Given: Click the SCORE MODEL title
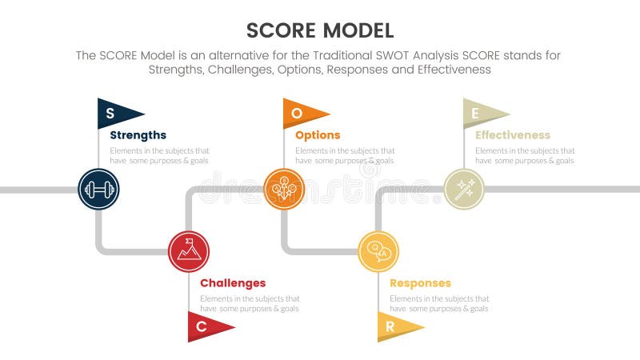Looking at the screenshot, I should (x=320, y=30).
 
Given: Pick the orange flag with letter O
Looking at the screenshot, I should (x=302, y=113).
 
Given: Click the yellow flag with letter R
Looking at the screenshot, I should (x=395, y=326).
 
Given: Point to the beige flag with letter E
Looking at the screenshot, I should (x=482, y=113).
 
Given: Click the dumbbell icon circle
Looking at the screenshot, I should (x=98, y=190).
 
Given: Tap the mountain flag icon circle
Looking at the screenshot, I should (x=189, y=251).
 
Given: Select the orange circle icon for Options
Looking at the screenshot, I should (x=284, y=190).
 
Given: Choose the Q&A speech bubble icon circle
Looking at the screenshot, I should (x=378, y=251).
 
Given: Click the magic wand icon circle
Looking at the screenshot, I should (x=464, y=190).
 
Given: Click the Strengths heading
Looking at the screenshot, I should (x=138, y=135).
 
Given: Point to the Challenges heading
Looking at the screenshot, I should (x=233, y=283).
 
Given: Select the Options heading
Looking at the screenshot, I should (x=318, y=135).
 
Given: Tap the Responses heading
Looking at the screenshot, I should (x=420, y=283).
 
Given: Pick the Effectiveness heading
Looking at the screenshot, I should (x=513, y=135).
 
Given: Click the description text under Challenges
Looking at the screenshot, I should (x=250, y=304).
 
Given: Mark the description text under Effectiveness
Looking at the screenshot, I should (x=525, y=155).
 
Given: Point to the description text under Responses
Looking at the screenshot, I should (x=439, y=304).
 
